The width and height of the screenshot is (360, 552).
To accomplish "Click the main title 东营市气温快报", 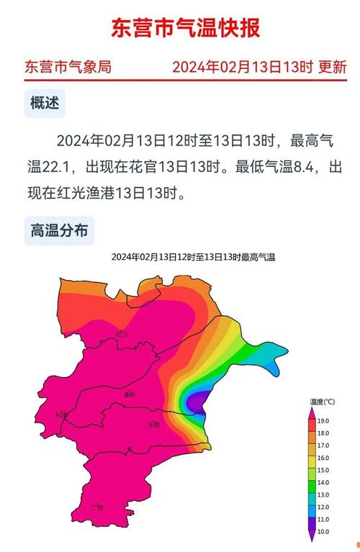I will point(185,29).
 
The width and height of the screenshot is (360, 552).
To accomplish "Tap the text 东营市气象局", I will point(68,68).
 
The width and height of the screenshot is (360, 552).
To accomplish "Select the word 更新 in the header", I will point(333,68).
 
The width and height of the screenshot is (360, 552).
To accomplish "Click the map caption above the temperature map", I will point(193,257).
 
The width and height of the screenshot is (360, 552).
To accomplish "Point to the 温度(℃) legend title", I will point(322,402).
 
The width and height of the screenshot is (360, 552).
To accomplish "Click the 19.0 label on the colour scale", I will point(323,420).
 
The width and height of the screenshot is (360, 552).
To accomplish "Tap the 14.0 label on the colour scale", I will point(323,483).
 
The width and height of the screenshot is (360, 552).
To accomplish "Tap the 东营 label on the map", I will point(153,425).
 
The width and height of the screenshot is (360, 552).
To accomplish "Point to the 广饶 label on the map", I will point(98,507).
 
